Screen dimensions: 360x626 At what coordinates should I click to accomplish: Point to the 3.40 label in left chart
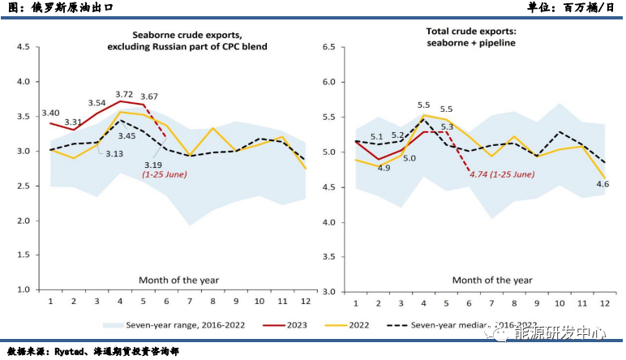click(x=50, y=114)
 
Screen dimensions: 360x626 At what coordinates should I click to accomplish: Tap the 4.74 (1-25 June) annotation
click(x=502, y=173)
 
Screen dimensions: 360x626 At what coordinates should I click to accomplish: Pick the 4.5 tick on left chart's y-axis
click(x=23, y=47)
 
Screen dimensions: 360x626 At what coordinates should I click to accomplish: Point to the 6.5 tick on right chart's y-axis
click(x=328, y=47)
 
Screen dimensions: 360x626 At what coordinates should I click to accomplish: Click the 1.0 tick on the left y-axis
click(x=23, y=289)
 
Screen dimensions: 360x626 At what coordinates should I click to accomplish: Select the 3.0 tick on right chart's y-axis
click(x=328, y=290)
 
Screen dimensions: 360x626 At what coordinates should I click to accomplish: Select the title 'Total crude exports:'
click(x=470, y=32)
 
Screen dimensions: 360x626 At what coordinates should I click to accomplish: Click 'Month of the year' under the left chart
click(x=178, y=280)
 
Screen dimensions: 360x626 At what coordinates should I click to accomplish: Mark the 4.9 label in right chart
click(x=384, y=168)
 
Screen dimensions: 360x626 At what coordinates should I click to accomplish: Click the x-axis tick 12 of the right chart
click(x=605, y=302)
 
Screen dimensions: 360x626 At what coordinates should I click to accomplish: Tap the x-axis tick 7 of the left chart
click(x=189, y=302)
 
